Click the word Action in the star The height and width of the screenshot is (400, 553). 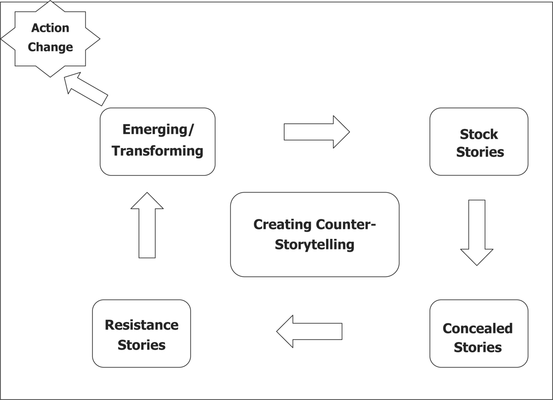point(50,28)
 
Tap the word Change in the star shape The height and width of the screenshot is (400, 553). point(50,47)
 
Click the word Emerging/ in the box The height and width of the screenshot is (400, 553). point(158,129)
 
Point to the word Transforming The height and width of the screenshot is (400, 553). point(157,151)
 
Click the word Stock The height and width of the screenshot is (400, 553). point(479,134)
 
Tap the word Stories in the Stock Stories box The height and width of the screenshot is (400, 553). point(480,152)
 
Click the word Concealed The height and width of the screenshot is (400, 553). point(477,329)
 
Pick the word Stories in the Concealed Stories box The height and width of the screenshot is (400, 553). point(478,347)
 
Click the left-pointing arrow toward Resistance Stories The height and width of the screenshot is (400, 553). point(309,331)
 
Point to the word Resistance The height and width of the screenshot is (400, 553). point(142,325)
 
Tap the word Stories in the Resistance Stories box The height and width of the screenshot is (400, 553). point(141,345)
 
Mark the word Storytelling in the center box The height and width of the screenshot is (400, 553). point(315,245)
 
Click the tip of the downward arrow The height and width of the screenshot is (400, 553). point(477,264)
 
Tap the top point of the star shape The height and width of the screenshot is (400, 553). point(50,2)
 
